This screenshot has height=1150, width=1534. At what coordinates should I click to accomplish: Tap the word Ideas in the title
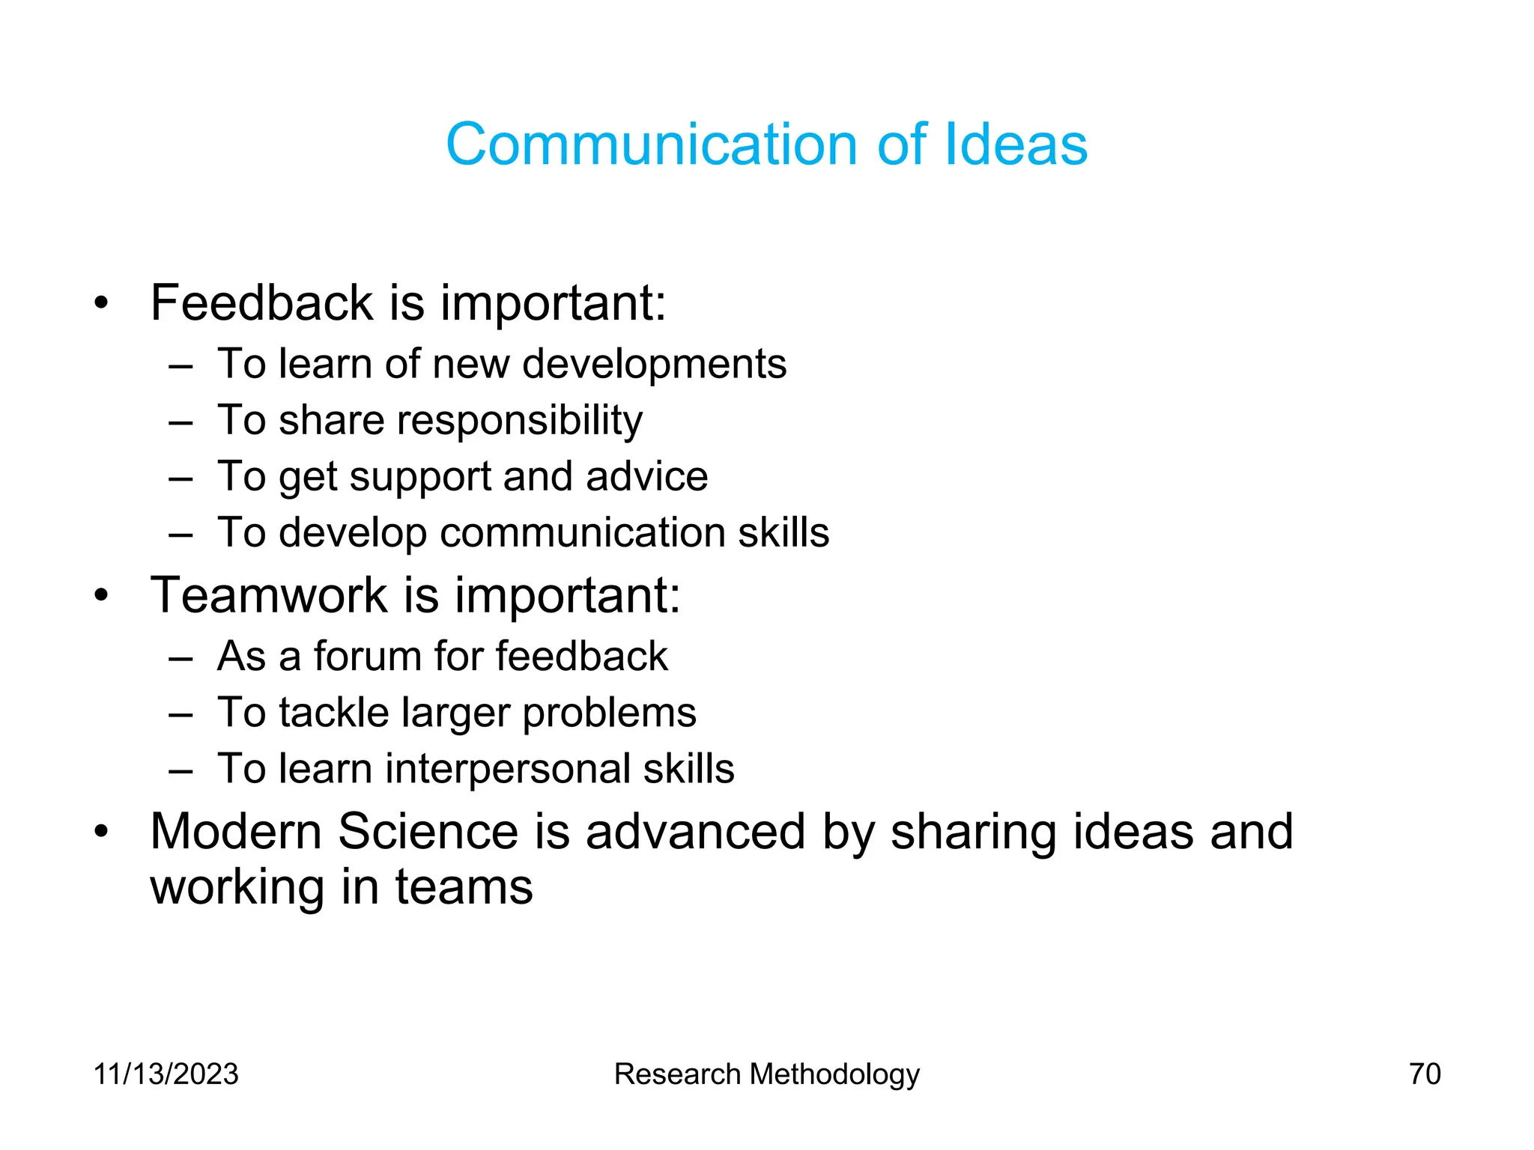click(x=1016, y=144)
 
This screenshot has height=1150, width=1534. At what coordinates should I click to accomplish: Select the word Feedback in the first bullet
click(x=261, y=303)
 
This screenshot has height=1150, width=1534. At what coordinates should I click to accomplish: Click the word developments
click(x=654, y=365)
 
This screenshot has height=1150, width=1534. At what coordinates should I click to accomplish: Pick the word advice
click(x=646, y=477)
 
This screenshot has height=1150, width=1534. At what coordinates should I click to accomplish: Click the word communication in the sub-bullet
click(x=582, y=533)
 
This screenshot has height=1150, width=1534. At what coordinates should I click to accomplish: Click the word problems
click(x=609, y=714)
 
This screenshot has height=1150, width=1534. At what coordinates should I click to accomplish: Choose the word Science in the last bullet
click(x=428, y=832)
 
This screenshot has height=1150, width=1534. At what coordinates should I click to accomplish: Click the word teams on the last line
click(x=464, y=888)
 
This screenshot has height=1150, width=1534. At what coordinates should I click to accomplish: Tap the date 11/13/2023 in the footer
click(x=166, y=1074)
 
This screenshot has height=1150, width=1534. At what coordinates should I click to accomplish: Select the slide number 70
click(x=1425, y=1074)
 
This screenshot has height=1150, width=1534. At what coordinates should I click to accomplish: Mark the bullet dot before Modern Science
click(x=102, y=832)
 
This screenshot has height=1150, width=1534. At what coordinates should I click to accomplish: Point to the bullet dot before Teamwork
click(x=102, y=596)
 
